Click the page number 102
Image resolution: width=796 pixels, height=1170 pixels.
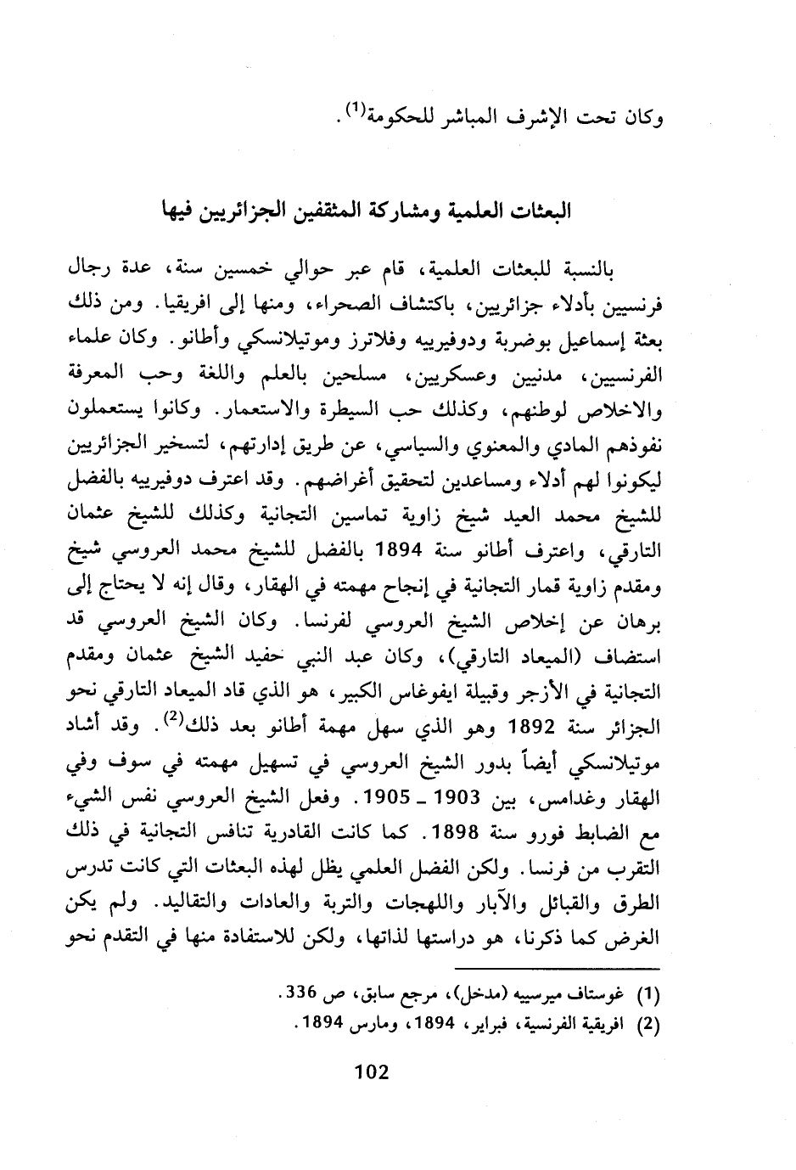click(x=370, y=1072)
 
